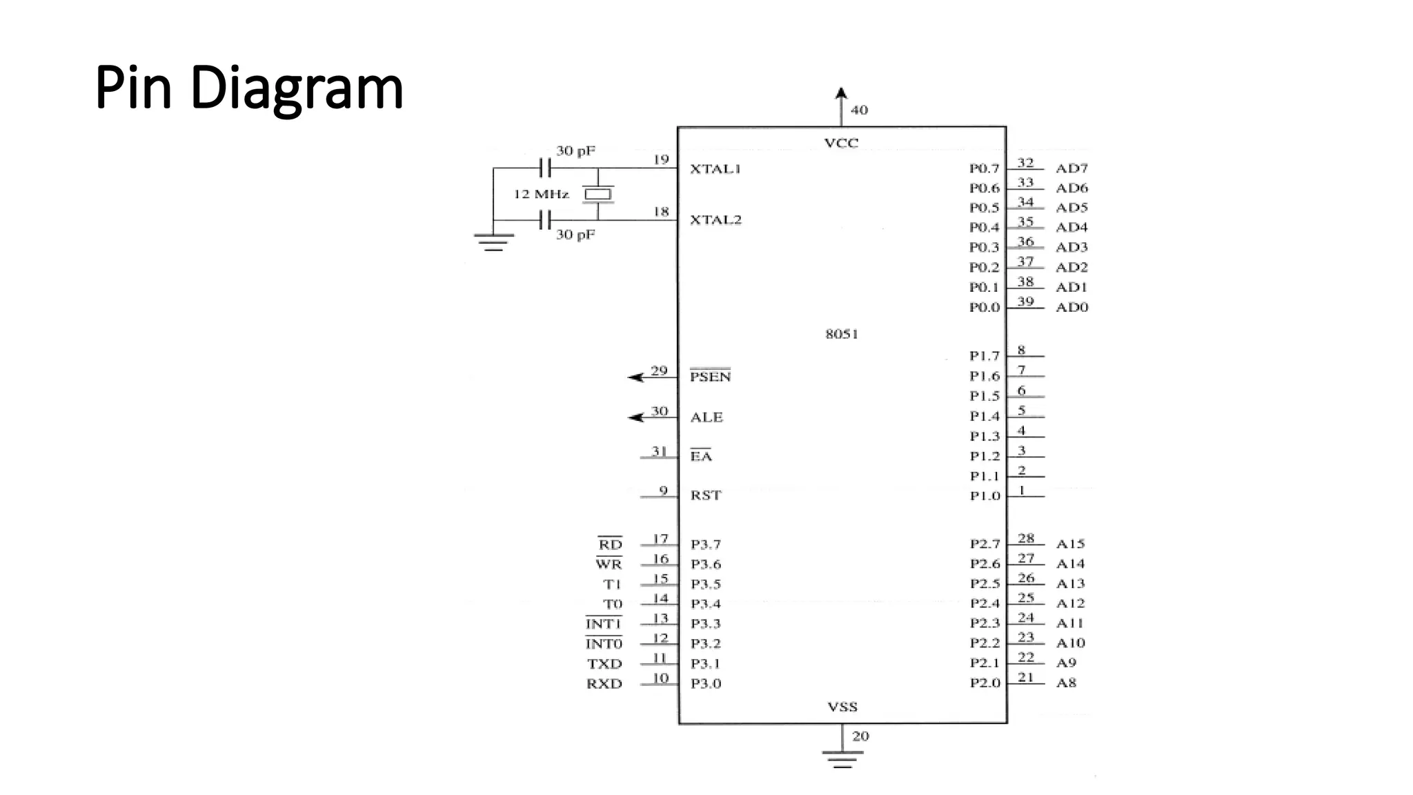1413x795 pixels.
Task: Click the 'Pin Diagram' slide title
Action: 248,88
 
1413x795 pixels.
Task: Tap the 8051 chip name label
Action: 842,334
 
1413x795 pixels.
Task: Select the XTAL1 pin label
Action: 715,169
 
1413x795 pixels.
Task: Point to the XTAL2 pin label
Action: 715,220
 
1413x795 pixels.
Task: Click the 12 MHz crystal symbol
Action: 597,195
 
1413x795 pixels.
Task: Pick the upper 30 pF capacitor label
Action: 575,150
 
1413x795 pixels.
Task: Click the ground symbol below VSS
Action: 842,759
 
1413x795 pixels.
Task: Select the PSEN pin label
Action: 710,376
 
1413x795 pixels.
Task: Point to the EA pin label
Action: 701,456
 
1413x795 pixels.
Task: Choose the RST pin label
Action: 705,495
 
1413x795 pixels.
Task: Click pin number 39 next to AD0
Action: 1025,302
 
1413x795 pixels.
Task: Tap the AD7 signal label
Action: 1071,168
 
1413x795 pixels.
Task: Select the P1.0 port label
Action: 985,496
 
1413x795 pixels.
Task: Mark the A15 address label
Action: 1070,544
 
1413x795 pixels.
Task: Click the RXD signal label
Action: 604,684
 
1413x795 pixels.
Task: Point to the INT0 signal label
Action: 604,644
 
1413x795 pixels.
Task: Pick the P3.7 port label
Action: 706,544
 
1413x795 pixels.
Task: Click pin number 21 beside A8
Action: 1026,677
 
